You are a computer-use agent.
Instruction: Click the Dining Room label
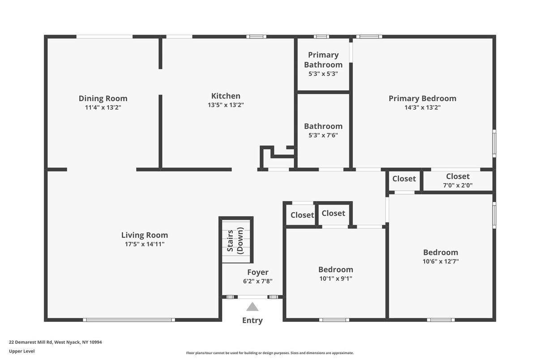click(x=103, y=99)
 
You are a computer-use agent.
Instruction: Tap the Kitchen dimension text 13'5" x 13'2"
click(x=226, y=105)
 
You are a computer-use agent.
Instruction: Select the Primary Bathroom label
click(x=323, y=60)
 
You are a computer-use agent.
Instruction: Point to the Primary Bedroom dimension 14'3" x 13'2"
click(x=422, y=107)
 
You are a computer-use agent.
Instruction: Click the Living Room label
click(x=144, y=235)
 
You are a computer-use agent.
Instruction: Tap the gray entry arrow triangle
click(x=252, y=307)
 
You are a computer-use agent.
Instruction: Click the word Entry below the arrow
click(x=252, y=321)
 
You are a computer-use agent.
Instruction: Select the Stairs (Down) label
click(x=236, y=240)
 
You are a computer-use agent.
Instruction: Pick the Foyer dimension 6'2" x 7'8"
click(x=257, y=281)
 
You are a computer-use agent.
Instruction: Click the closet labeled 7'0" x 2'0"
click(x=458, y=180)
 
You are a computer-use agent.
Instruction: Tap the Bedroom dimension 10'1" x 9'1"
click(x=335, y=279)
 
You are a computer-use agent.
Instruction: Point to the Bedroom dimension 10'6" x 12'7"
click(x=441, y=261)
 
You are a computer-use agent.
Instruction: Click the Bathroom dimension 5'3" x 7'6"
click(x=323, y=135)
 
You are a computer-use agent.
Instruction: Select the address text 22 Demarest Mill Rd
click(x=30, y=342)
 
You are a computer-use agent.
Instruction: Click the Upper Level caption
click(x=21, y=351)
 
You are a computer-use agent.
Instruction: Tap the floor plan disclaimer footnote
click(x=270, y=353)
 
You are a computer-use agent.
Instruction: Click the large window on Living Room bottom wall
click(x=129, y=320)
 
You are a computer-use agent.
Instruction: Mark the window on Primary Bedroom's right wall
click(x=494, y=143)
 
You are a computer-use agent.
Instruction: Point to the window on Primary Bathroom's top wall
click(x=321, y=37)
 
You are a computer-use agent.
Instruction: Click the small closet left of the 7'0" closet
click(x=404, y=180)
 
